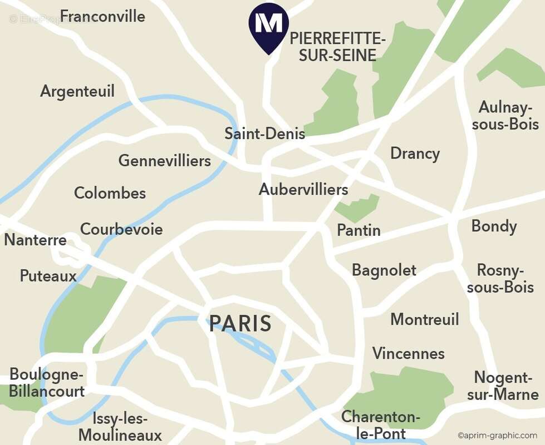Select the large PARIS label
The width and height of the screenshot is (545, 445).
(x=240, y=324)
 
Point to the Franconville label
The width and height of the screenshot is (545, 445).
(x=103, y=16)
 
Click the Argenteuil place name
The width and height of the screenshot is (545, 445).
(x=77, y=91)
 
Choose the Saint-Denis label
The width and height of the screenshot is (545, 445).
(x=265, y=133)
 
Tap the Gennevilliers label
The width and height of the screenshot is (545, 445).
(x=165, y=161)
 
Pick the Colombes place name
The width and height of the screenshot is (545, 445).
(x=110, y=194)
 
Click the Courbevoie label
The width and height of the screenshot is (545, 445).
(x=121, y=229)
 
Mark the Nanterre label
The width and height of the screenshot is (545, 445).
(x=36, y=241)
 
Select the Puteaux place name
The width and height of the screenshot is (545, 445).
(x=48, y=276)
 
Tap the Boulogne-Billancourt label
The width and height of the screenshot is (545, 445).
(x=47, y=383)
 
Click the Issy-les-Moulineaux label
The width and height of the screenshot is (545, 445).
(x=120, y=427)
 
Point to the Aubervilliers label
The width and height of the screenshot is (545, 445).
(x=303, y=190)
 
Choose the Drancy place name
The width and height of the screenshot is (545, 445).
(x=415, y=154)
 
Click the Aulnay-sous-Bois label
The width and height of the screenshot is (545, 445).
(x=505, y=116)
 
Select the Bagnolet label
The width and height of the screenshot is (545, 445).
(x=384, y=270)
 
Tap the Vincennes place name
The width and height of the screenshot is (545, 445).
(x=409, y=354)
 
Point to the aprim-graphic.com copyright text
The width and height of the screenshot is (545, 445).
(x=498, y=436)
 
